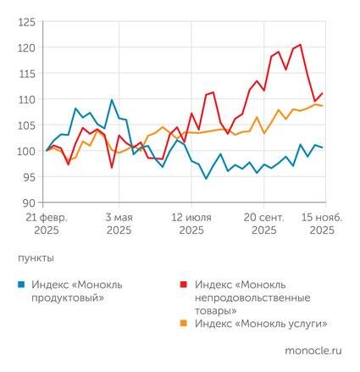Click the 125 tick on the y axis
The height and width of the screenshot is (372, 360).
27,21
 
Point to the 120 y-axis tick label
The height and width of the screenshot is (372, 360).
27,47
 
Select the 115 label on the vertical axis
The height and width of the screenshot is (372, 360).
27,74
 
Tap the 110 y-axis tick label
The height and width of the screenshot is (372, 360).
27,99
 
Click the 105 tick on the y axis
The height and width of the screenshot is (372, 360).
27,125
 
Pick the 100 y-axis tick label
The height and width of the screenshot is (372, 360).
27,152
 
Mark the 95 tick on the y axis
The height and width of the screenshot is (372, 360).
30,177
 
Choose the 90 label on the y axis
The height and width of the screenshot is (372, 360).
30,203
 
